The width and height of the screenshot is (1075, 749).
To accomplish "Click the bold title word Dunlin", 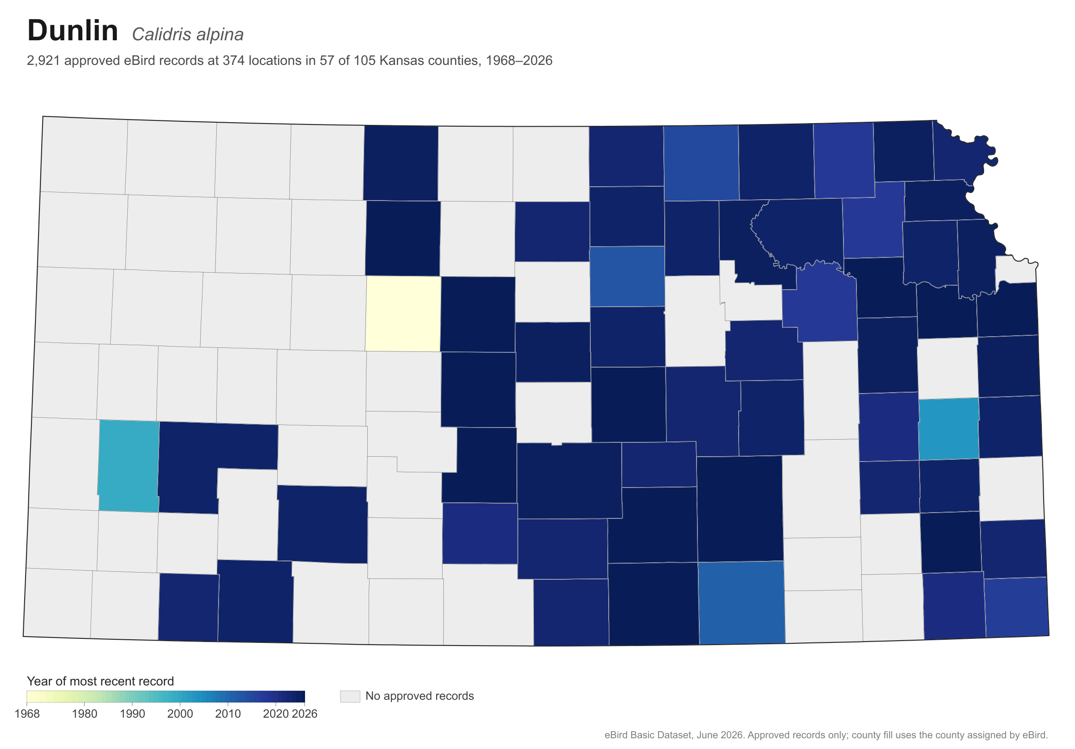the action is tap(73, 31).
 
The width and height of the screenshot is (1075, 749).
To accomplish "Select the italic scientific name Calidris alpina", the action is tap(188, 34).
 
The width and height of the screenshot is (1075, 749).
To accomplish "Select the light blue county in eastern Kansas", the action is tap(949, 428).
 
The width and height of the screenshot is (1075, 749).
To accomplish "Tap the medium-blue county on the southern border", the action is tap(741, 603).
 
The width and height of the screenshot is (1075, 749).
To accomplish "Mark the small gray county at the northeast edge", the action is tap(1015, 270).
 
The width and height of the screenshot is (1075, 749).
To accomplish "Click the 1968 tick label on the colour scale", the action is tap(27, 714).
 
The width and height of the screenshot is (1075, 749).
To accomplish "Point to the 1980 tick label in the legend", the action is tap(85, 714).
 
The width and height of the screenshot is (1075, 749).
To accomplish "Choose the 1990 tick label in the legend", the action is tap(133, 714).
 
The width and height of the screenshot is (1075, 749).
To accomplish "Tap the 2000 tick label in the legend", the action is tap(180, 714).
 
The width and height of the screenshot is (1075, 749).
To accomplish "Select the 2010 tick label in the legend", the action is tap(228, 714).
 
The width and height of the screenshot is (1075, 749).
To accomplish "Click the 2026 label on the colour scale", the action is tap(305, 714).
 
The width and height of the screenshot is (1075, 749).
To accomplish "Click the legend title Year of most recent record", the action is tap(100, 681).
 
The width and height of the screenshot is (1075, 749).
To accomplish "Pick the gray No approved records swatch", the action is tap(350, 696).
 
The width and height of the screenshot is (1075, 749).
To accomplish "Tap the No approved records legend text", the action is tap(420, 696).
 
